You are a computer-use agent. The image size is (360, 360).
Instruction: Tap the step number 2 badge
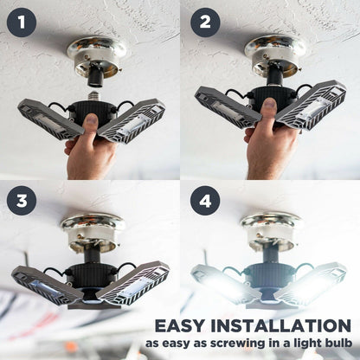tap(204, 21)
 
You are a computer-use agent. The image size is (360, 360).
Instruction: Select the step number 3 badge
tap(21, 201)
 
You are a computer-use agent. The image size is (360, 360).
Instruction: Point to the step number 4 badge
tap(204, 201)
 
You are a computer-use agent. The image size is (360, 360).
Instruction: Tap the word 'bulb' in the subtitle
tap(335, 345)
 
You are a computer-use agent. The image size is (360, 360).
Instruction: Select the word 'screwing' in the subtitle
tap(235, 345)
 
